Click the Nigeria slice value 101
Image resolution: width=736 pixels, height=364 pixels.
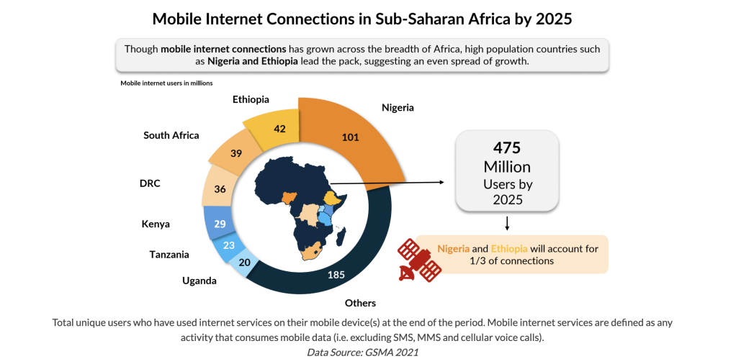(351, 137)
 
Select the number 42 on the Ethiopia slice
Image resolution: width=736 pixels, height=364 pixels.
(280, 129)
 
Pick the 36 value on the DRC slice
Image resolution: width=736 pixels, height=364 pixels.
(220, 190)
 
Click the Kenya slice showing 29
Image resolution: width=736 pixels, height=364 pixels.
(220, 224)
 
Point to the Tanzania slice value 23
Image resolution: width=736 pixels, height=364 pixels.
(230, 245)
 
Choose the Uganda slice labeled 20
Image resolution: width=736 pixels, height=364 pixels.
(244, 263)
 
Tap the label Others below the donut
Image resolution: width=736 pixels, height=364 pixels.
(360, 303)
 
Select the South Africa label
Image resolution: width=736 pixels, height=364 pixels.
(171, 135)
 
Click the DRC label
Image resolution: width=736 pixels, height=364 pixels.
(150, 183)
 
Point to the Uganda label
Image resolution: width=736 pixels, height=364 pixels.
(199, 281)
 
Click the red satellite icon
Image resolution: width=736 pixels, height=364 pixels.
(419, 260)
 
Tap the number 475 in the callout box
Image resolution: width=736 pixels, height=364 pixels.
(506, 147)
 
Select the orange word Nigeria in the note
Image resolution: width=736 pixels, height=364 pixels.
(453, 249)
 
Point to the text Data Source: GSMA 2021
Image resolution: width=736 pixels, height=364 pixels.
(362, 352)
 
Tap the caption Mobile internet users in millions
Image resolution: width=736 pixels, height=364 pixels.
(166, 83)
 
